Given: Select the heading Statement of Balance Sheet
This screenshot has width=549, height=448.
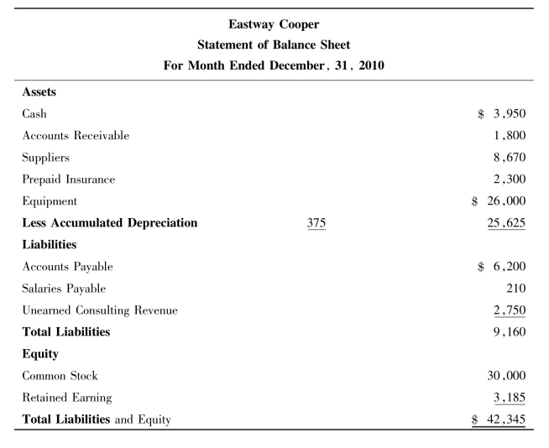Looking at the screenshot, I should tap(274, 44).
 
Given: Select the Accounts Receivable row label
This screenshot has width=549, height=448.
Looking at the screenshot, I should tap(76, 136).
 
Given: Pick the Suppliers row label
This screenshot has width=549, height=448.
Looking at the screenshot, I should tap(47, 158).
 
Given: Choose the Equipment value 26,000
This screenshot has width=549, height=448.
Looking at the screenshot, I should tap(506, 201).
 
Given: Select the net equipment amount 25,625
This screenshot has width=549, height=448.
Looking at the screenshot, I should tap(506, 223).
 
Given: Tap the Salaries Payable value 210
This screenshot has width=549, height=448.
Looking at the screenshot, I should tap(515, 289).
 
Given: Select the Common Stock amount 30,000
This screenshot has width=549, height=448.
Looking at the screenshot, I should tap(506, 376).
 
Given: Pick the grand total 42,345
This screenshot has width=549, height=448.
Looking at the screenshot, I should tap(506, 419).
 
